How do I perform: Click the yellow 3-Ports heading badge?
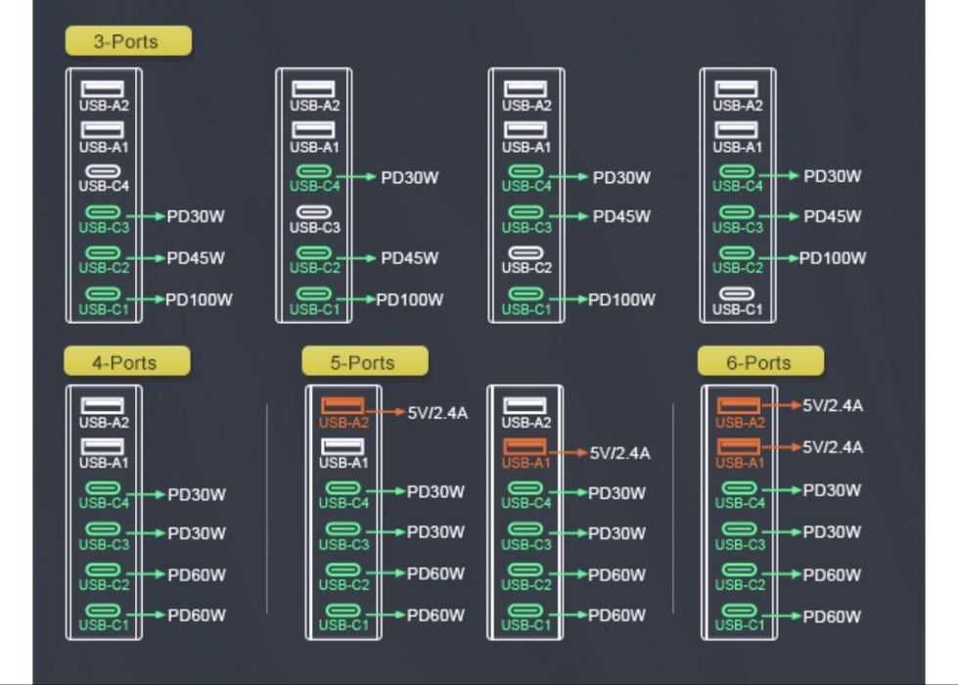tap(128, 41)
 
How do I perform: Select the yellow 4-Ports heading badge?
tap(127, 362)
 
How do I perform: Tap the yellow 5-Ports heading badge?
tap(365, 362)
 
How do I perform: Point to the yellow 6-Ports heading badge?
tap(760, 362)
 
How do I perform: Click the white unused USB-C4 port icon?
tap(104, 171)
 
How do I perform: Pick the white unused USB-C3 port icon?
tap(314, 212)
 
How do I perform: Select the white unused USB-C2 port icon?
tap(526, 252)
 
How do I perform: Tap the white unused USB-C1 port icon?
tap(738, 294)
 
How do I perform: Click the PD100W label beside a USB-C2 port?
tap(833, 258)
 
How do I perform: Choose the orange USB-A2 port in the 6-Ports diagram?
tap(739, 405)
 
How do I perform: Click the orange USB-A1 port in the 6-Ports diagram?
tap(739, 446)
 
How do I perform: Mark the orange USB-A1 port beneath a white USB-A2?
tap(525, 446)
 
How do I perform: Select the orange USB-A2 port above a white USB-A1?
tap(342, 405)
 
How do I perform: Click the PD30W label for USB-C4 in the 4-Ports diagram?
tap(197, 494)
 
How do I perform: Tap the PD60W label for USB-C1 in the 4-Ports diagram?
tap(197, 616)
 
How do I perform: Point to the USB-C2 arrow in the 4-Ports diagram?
tap(146, 574)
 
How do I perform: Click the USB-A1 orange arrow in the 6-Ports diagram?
tap(781, 446)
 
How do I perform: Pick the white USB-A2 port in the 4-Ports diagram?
tap(103, 405)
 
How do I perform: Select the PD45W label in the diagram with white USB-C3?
tap(409, 258)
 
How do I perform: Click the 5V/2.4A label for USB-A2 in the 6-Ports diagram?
tap(833, 406)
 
